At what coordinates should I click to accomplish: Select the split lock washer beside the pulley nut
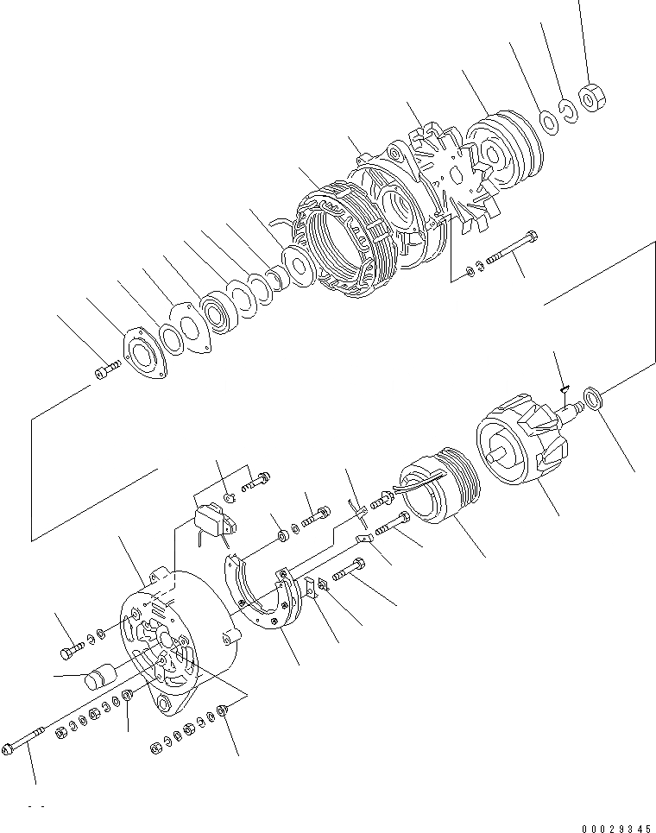click(x=568, y=111)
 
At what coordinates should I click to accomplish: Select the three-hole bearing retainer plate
click(x=142, y=355)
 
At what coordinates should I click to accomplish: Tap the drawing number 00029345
click(x=615, y=828)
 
